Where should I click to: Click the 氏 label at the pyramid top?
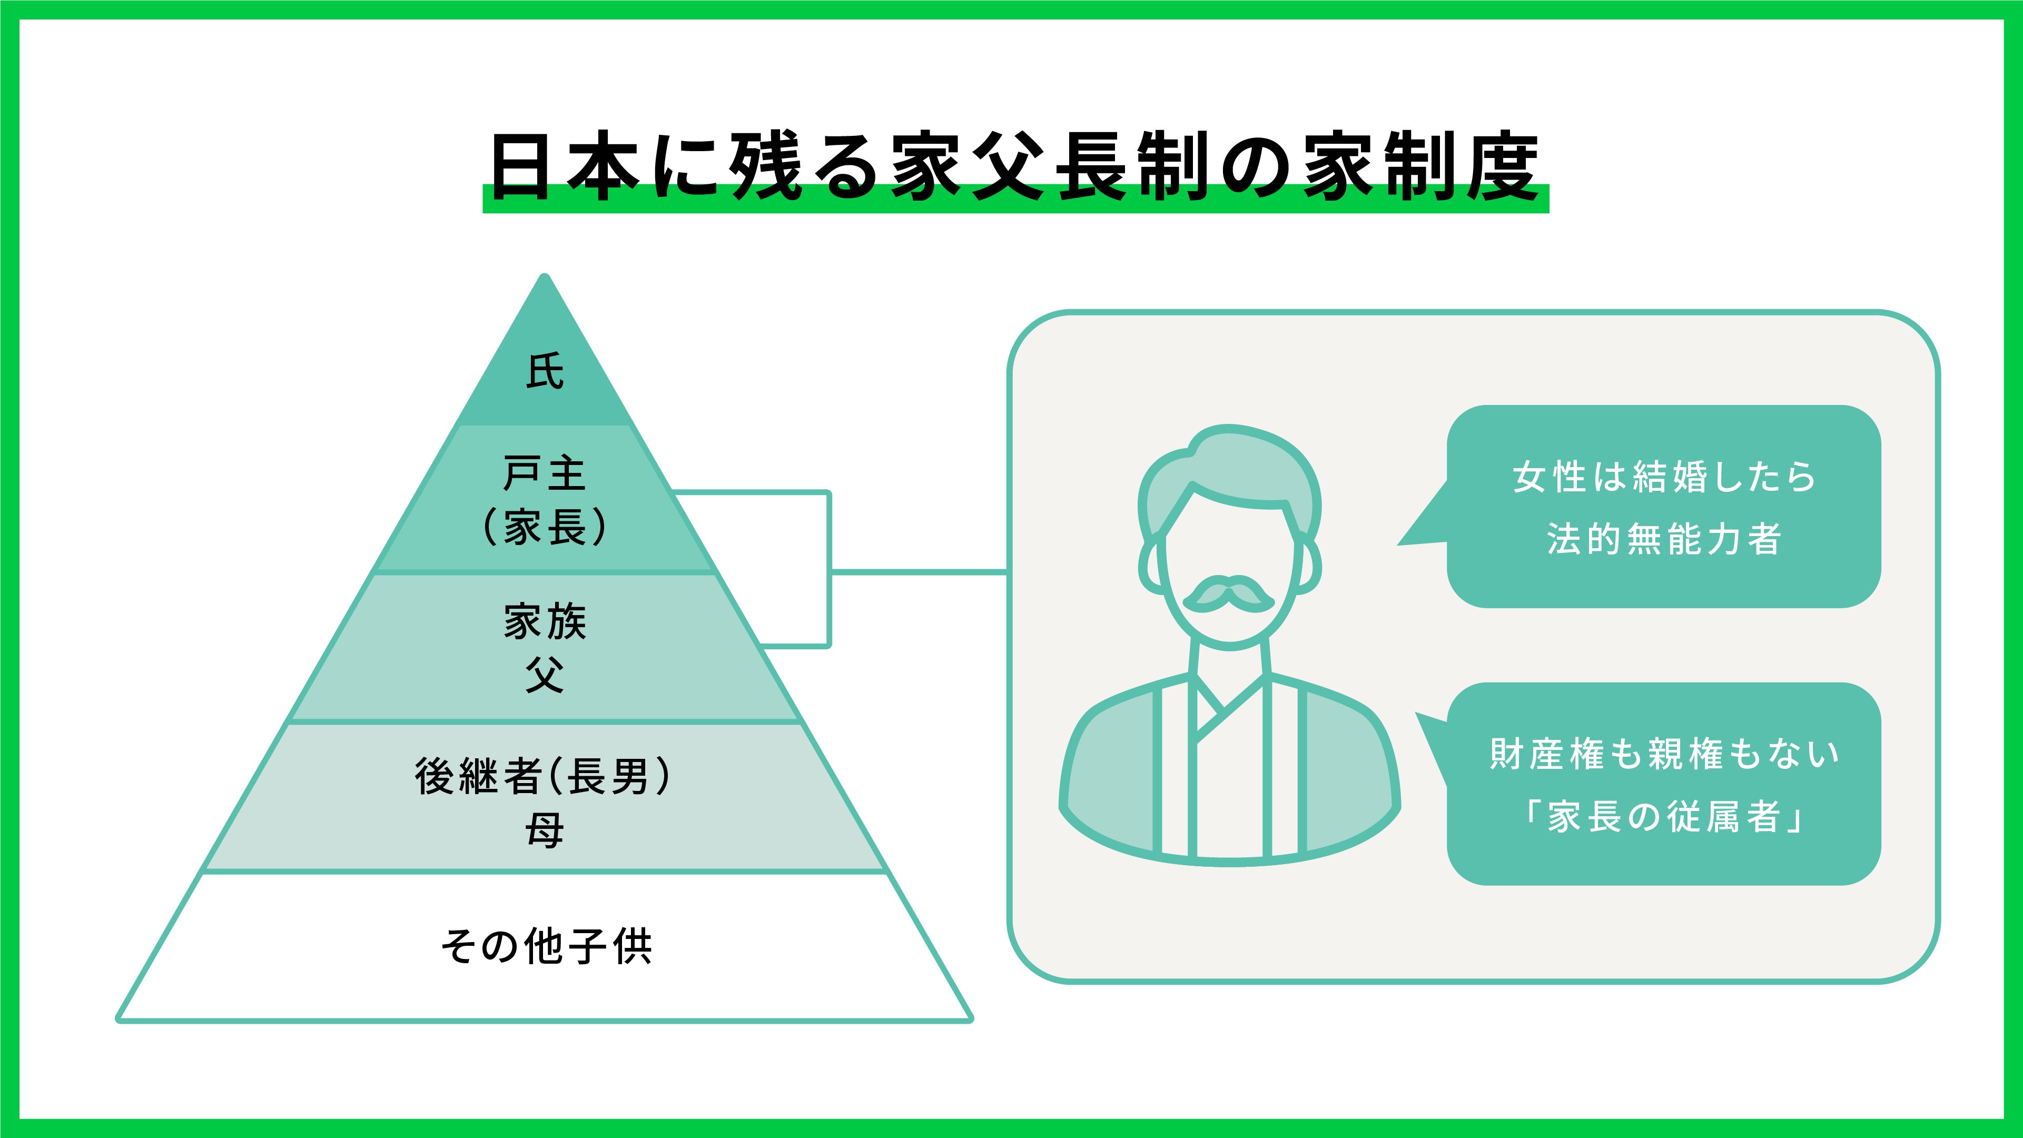pos(544,371)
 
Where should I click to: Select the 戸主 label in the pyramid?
pos(544,473)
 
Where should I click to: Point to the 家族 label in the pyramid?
pos(544,622)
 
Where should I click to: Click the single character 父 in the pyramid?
pos(544,675)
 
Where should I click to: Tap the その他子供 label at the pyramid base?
pos(546,946)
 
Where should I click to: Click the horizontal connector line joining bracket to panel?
pos(919,572)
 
